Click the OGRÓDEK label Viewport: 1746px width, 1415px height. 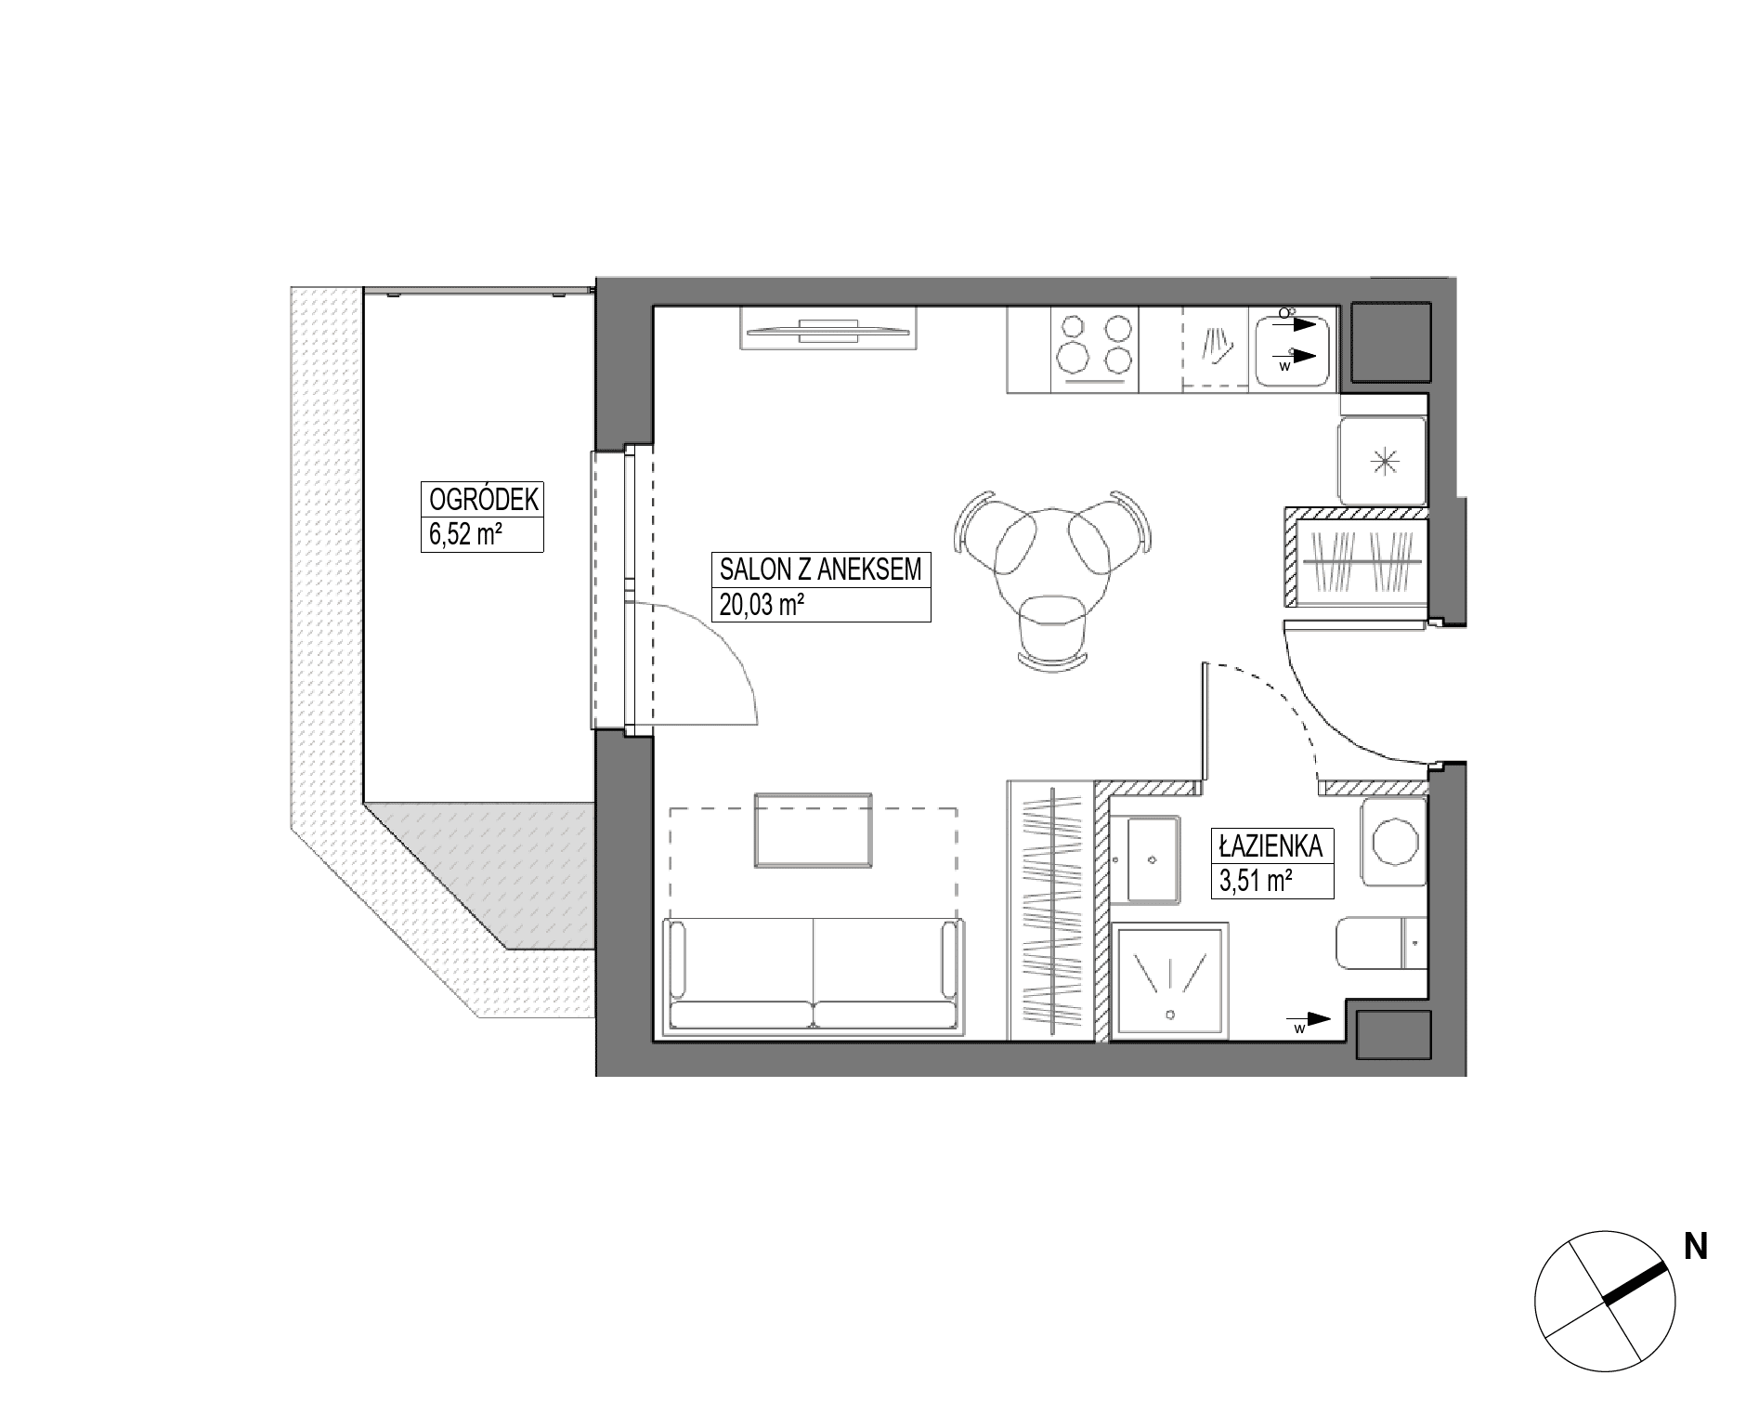point(483,500)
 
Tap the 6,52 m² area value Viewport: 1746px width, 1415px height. point(470,536)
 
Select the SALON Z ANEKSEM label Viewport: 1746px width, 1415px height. point(820,570)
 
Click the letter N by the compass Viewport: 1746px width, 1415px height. point(1696,1247)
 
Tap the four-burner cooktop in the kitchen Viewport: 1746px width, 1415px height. point(1095,349)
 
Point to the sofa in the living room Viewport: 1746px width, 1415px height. point(813,975)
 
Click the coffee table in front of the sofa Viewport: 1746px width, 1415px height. point(814,831)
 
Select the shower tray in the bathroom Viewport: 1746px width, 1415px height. point(1170,979)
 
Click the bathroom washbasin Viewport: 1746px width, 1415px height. point(1153,859)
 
